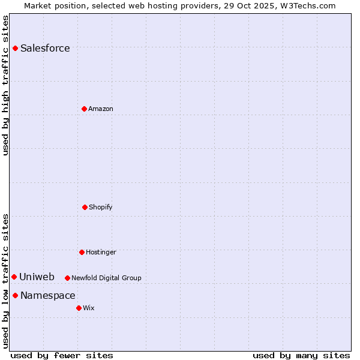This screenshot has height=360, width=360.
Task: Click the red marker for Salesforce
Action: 15,48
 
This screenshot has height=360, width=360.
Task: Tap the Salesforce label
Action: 45,49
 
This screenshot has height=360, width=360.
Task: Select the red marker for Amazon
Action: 84,109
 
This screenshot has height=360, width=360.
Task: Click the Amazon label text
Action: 101,109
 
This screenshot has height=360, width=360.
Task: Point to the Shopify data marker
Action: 85,207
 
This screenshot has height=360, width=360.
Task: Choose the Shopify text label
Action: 101,208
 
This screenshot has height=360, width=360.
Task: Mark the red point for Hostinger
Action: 82,252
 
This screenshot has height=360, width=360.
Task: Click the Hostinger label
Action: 101,253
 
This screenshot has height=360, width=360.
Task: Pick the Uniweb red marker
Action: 14,277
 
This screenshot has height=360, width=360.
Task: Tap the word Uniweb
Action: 37,277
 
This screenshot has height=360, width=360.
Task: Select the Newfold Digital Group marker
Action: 67,278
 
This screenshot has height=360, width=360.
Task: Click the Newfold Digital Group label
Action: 106,278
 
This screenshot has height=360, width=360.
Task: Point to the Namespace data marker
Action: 15,295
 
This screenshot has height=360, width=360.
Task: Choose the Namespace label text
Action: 48,296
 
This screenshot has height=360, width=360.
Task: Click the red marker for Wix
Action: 79,308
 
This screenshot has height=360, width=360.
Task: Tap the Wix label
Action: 89,308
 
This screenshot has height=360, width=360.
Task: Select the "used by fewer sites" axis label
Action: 62,355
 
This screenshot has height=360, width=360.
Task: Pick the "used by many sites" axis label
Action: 301,355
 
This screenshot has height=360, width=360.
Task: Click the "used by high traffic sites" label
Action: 5,85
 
